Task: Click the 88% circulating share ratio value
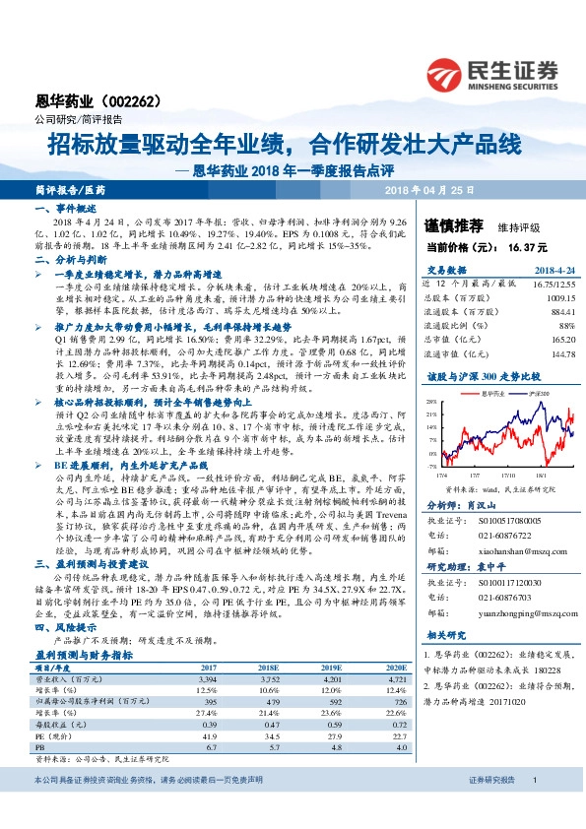[565, 323]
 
